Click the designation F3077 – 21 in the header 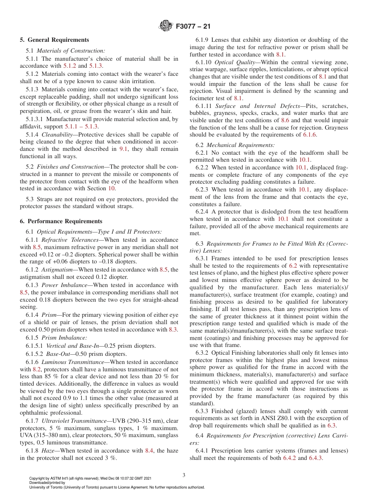(193, 27)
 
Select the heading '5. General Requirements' (54, 40)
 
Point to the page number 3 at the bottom (184, 475)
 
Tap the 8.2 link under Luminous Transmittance (37, 369)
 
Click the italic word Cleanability (56, 135)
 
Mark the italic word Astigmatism (58, 269)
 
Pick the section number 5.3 (30, 199)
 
